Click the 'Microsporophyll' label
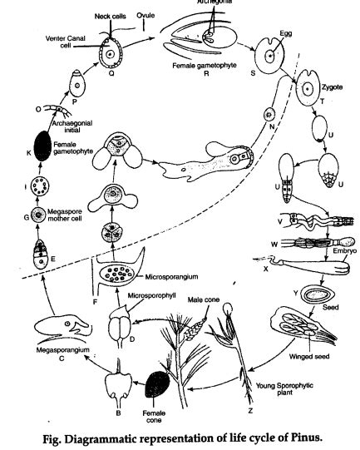coord(155,294)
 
